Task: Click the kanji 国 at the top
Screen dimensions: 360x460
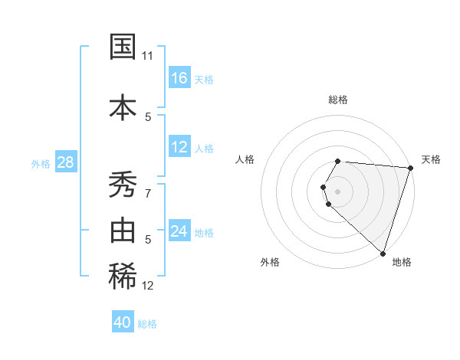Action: point(123,47)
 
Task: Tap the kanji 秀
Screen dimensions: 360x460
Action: point(123,184)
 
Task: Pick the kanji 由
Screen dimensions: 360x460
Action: point(123,231)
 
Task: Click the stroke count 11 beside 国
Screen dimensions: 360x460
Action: point(148,56)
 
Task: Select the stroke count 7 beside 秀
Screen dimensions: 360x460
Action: point(148,193)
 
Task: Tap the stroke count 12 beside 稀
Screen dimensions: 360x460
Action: point(148,286)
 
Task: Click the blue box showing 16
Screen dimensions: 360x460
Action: point(179,78)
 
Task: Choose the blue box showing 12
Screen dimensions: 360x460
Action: point(179,148)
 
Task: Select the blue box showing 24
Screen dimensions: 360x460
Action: point(179,231)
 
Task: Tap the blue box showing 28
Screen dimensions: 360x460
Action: point(65,162)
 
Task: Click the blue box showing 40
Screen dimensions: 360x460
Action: point(123,323)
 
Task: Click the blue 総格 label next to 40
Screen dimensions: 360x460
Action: point(147,324)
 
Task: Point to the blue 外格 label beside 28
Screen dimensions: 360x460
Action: point(41,163)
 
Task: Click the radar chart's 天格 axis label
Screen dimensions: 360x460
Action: point(431,159)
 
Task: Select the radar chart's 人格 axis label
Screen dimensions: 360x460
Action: point(245,159)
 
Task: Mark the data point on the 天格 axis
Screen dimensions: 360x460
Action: point(410,168)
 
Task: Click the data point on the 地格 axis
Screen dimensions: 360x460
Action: point(383,252)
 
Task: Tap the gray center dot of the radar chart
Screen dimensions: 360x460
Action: point(337,191)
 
